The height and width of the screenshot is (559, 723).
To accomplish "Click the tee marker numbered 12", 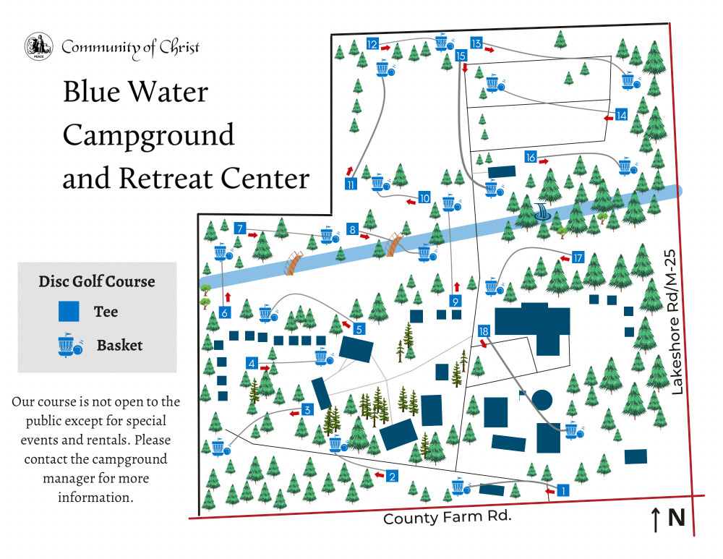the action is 372,44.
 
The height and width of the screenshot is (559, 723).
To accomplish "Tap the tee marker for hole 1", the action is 562,490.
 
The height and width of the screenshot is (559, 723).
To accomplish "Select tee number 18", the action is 483,330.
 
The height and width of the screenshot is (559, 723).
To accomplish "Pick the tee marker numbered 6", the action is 225,312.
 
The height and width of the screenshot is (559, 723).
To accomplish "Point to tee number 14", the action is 621,115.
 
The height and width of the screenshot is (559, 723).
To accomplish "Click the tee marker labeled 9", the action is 455,301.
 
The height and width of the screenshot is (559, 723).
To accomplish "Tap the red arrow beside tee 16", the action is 544,161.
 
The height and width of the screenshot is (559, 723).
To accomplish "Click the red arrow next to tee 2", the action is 380,474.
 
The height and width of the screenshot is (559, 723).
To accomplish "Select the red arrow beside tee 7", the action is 252,235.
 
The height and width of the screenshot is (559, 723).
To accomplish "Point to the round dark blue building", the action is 542,399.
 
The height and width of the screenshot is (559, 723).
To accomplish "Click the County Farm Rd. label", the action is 448,517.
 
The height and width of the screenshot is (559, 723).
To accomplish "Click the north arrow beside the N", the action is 655,519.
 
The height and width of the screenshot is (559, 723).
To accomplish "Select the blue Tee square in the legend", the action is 69,312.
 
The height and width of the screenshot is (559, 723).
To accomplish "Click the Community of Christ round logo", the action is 39,46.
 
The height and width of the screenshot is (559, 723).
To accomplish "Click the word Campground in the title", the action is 148,136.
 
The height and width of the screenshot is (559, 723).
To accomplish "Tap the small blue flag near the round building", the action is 523,395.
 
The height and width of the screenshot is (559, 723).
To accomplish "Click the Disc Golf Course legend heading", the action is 97,281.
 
